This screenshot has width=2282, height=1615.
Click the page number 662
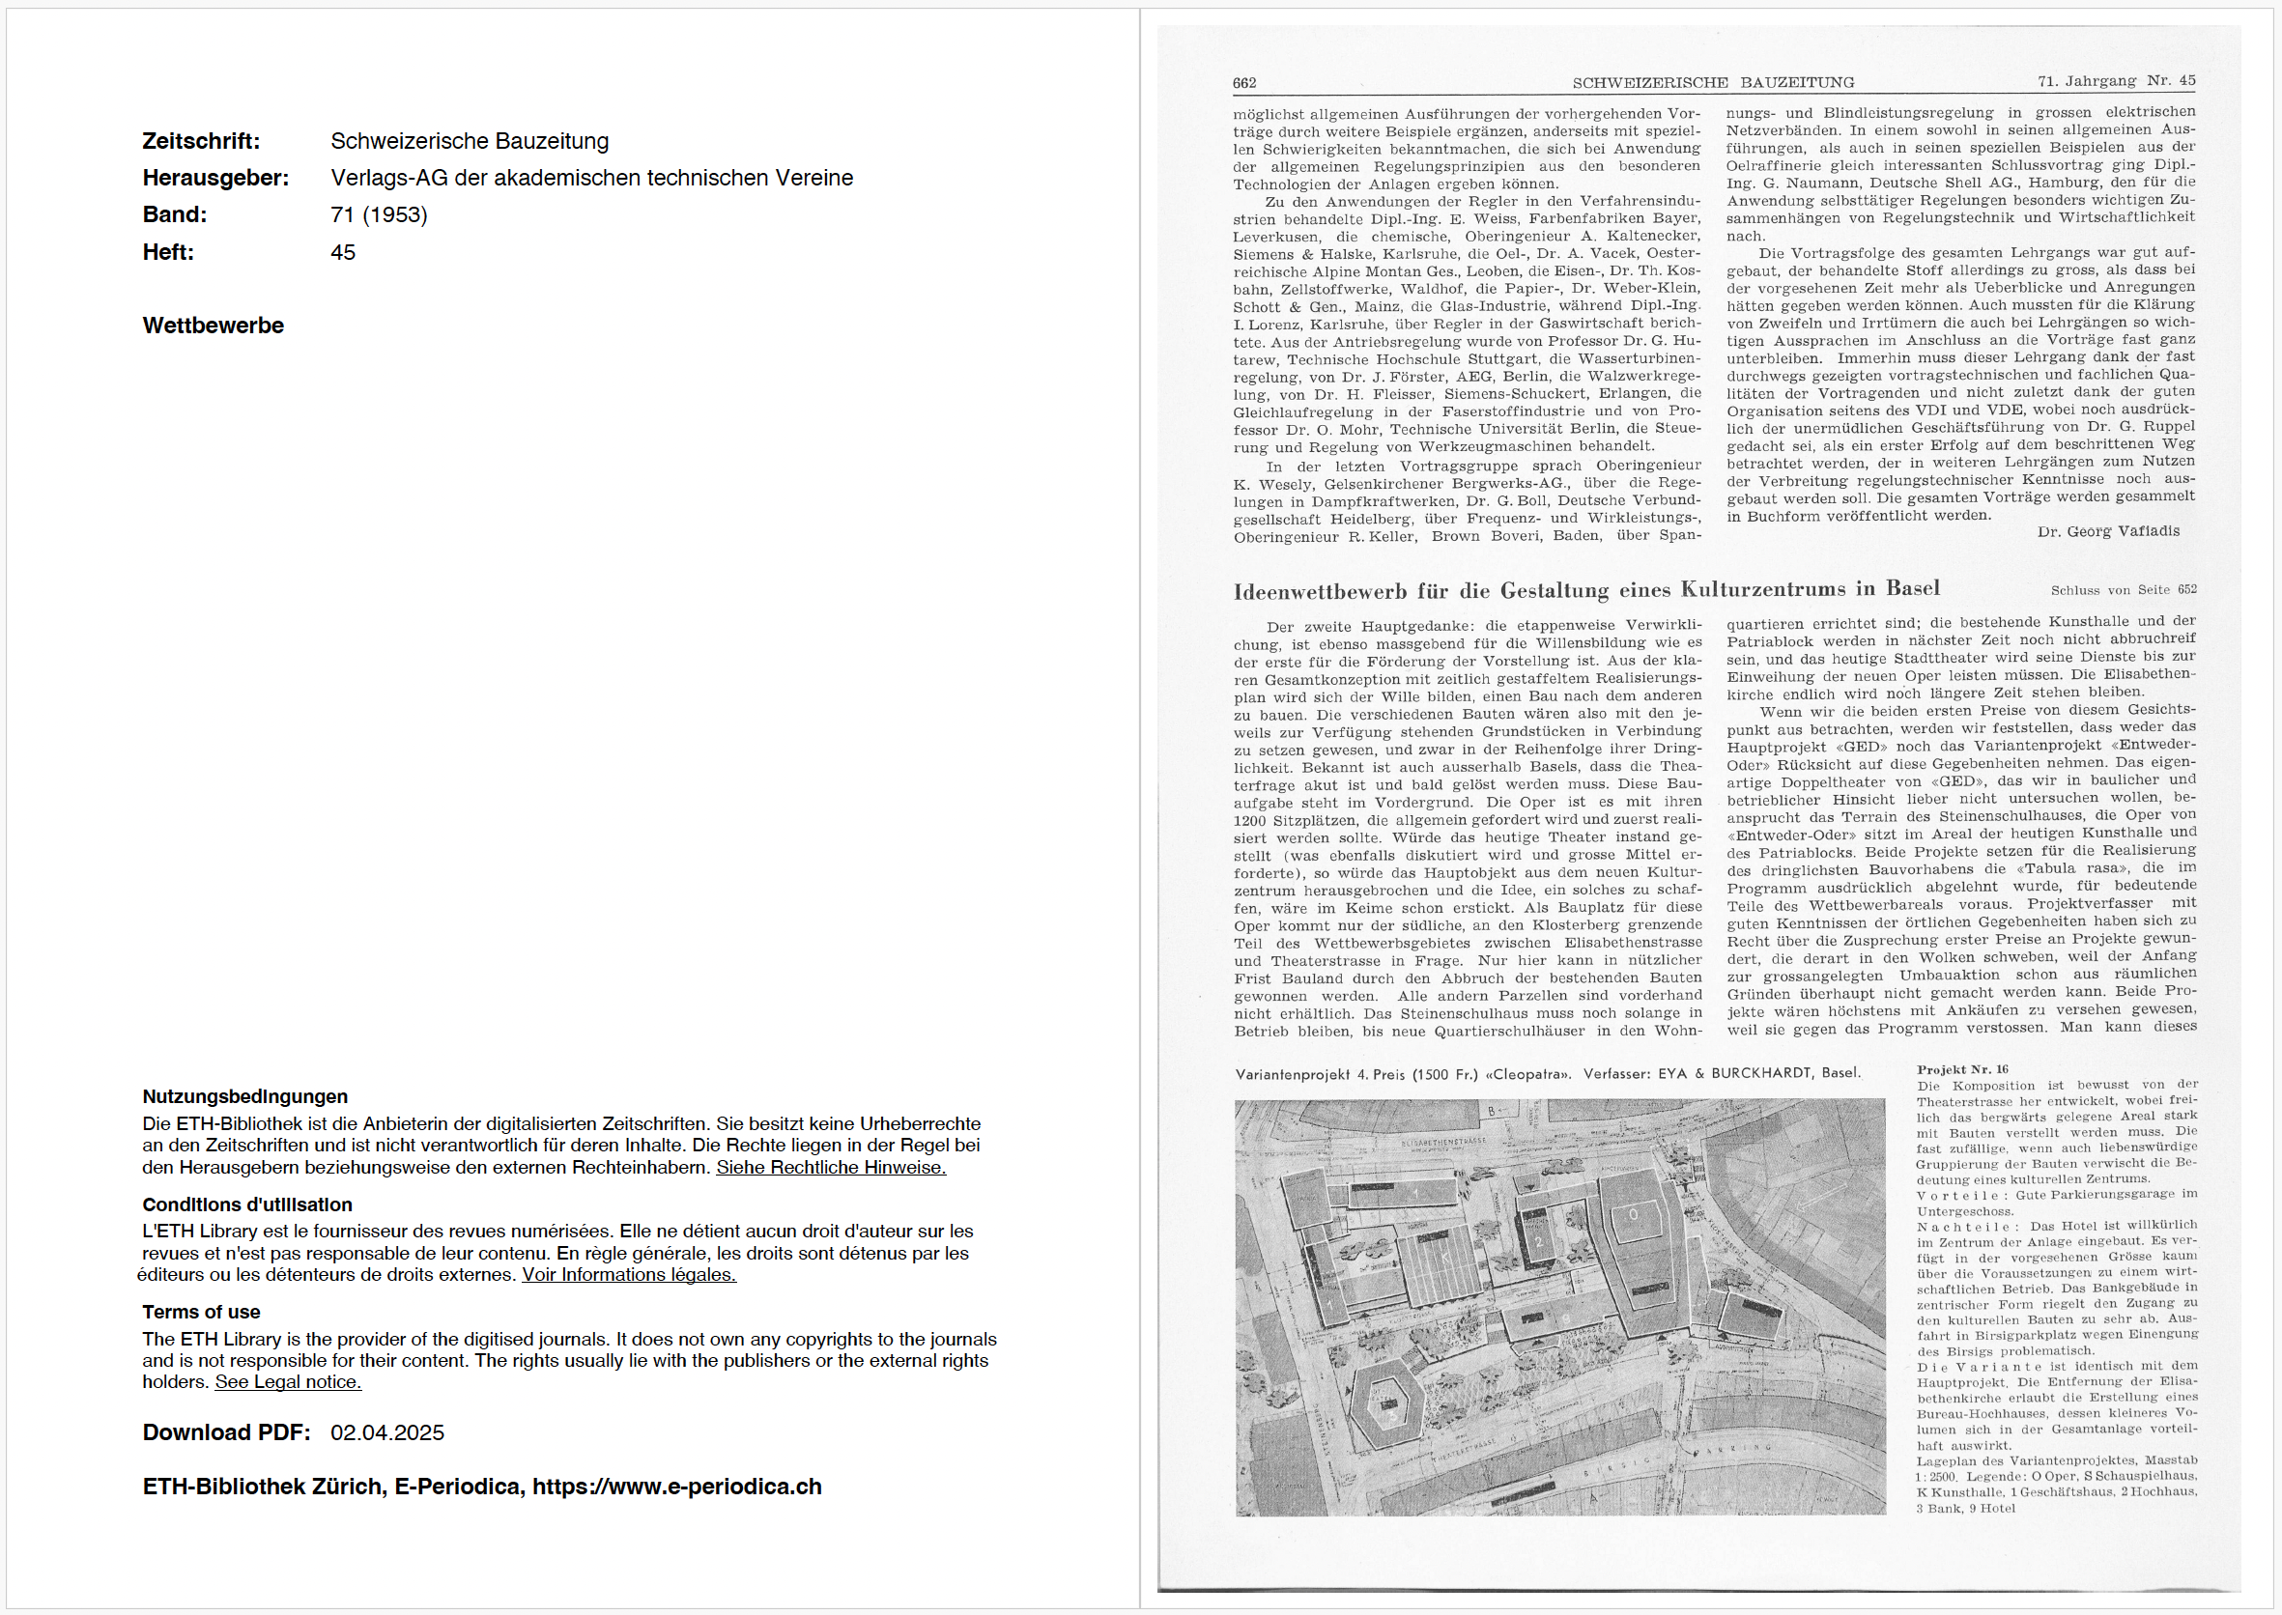coord(1243,83)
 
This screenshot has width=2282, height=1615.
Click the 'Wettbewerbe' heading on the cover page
coord(213,326)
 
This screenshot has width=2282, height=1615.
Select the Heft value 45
coord(342,253)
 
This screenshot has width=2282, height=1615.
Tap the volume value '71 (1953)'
coord(379,214)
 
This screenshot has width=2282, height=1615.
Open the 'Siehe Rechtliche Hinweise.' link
coord(831,1168)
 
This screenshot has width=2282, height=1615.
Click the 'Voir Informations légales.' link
coord(629,1275)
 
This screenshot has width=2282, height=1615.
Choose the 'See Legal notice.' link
coord(288,1382)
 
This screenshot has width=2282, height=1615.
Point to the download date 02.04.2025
coord(387,1433)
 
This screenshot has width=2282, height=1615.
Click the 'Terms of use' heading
coord(201,1312)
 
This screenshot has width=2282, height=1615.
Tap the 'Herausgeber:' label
coord(214,178)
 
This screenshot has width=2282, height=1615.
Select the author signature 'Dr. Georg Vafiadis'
coord(2108,531)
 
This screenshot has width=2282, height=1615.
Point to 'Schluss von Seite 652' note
coord(2123,590)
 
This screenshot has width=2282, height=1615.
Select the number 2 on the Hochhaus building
coord(1538,1242)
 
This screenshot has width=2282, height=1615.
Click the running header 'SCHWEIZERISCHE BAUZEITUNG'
coord(1713,82)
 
